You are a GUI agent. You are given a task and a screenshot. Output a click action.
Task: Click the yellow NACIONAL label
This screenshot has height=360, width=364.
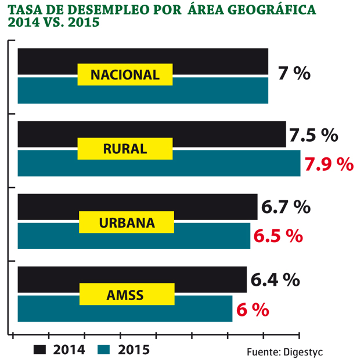tap(125, 75)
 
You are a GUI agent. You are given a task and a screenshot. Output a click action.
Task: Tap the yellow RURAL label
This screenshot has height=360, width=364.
tap(125, 149)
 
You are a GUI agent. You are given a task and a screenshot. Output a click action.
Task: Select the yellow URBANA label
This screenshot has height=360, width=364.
tap(125, 222)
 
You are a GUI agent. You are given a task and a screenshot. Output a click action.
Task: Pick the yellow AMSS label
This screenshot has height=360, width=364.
tap(125, 296)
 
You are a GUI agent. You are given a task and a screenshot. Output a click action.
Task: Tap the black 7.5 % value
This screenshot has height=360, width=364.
tap(313, 136)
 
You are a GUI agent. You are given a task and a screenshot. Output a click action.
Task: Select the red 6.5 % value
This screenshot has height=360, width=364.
tap(278, 236)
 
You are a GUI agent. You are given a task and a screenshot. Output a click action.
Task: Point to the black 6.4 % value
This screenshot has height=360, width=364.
tap(275, 280)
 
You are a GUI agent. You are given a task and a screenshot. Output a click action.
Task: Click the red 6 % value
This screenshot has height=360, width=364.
tap(253, 310)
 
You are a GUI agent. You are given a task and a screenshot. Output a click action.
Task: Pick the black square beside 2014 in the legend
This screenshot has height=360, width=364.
tap(40, 349)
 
